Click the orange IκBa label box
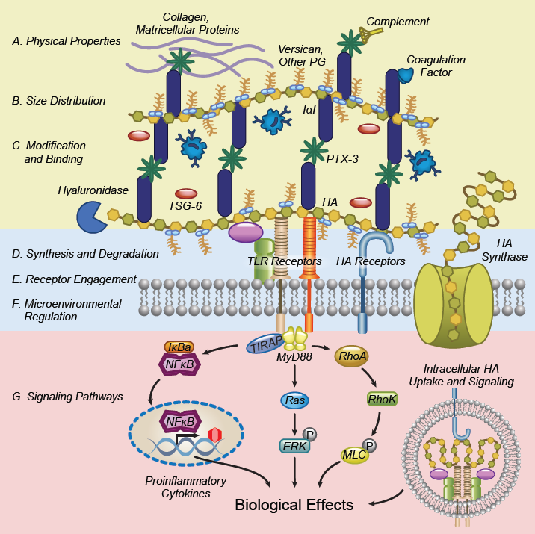point(179,347)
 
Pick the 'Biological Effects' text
point(294,506)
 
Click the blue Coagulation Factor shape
point(405,74)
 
